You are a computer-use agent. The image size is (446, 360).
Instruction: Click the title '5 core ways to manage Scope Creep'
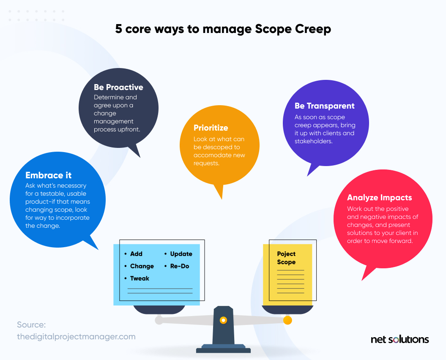[x=223, y=29]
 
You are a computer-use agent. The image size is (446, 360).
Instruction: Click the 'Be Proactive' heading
[x=118, y=87]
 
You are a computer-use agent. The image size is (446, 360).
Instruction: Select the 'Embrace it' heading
[x=49, y=175]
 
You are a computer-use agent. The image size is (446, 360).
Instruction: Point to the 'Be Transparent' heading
[x=324, y=106]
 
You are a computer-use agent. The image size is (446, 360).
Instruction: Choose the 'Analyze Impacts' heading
[x=379, y=197]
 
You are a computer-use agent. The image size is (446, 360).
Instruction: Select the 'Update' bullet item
[x=181, y=254]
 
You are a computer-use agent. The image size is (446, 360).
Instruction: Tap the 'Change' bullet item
[x=142, y=266]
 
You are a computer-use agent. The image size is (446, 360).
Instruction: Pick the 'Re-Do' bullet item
[x=180, y=266]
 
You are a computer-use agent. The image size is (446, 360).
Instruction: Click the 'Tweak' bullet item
[x=140, y=278]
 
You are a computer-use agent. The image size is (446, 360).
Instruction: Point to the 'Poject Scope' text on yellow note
[x=286, y=258]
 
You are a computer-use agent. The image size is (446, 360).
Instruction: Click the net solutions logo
[x=399, y=339]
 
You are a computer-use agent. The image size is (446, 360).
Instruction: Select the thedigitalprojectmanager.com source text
[x=76, y=337]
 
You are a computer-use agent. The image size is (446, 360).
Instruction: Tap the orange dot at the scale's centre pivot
[x=223, y=320]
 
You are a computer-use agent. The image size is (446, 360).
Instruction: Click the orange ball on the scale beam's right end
[x=287, y=320]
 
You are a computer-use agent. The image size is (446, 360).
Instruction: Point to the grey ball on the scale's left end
[x=159, y=320]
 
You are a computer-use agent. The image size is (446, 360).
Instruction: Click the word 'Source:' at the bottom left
[x=31, y=325]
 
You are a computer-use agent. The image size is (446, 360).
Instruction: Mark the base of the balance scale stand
[x=223, y=349]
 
